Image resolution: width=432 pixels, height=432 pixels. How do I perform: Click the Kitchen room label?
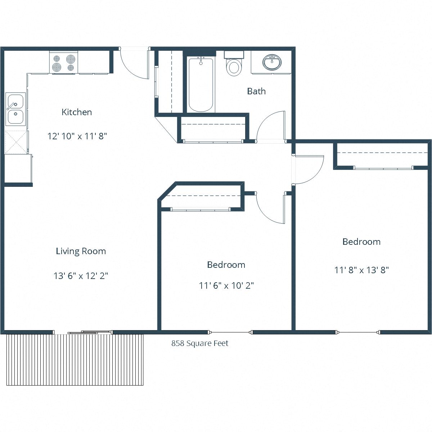pyautogui.click(x=77, y=112)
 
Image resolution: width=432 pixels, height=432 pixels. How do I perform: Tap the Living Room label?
pyautogui.click(x=81, y=251)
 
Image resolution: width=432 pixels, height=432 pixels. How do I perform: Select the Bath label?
pyautogui.click(x=256, y=91)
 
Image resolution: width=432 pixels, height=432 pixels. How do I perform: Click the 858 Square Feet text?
pyautogui.click(x=200, y=343)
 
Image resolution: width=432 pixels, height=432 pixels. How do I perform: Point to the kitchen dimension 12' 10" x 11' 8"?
pyautogui.click(x=77, y=136)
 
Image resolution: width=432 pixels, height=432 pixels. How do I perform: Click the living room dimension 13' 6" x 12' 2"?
pyautogui.click(x=81, y=276)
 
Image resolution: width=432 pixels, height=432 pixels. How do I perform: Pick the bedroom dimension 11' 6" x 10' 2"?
pyautogui.click(x=226, y=285)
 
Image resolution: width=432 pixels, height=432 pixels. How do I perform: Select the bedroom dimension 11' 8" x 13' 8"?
pyautogui.click(x=361, y=270)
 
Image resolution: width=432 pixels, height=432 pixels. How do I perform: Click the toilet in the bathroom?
pyautogui.click(x=234, y=67)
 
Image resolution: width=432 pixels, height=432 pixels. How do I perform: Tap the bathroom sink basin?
pyautogui.click(x=272, y=63)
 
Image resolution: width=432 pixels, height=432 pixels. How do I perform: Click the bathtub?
pyautogui.click(x=201, y=85)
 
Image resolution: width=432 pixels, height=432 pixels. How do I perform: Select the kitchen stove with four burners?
pyautogui.click(x=64, y=62)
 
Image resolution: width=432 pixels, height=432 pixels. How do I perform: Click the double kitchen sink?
pyautogui.click(x=15, y=109)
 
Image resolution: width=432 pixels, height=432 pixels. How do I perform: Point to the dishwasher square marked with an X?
pyautogui.click(x=16, y=142)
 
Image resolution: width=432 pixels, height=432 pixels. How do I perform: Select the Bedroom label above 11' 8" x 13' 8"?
pyautogui.click(x=361, y=242)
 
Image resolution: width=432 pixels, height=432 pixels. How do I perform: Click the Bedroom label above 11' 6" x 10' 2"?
pyautogui.click(x=226, y=265)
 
